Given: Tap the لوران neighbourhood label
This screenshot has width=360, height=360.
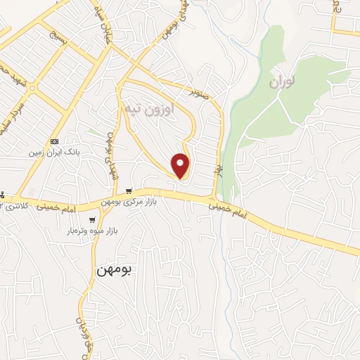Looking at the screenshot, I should click(x=283, y=82).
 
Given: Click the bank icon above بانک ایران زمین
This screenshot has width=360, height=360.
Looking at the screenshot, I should click(x=56, y=141).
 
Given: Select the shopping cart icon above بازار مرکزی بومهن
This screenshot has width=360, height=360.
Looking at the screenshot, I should click(x=129, y=191).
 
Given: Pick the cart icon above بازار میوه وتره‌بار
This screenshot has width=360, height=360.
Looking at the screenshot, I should click(x=92, y=219).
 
